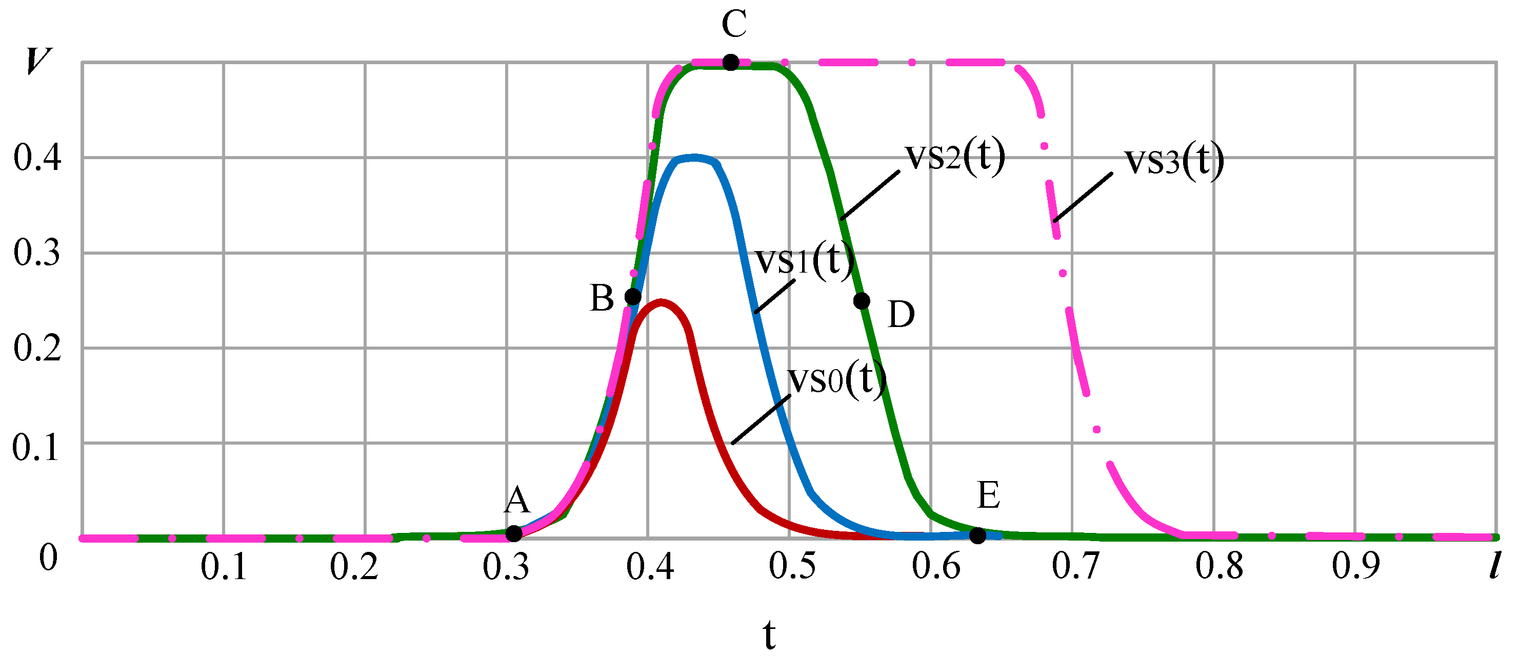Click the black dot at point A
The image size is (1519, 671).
click(x=514, y=533)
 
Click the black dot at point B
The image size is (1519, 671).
click(x=633, y=296)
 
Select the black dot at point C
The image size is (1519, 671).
click(x=731, y=62)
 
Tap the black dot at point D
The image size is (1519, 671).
click(x=862, y=301)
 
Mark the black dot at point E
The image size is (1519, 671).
click(x=977, y=535)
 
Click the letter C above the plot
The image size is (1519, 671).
click(x=734, y=24)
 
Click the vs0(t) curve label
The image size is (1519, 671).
click(x=837, y=379)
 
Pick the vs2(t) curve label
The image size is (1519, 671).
click(x=955, y=157)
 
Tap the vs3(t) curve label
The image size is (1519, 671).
click(x=1174, y=161)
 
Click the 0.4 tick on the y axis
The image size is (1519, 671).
click(x=37, y=158)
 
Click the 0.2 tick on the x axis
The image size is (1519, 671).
click(x=354, y=567)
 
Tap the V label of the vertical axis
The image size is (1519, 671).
click(x=38, y=61)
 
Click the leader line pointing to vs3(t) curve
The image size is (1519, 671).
click(x=1083, y=197)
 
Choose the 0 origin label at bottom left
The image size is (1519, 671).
click(x=48, y=558)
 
